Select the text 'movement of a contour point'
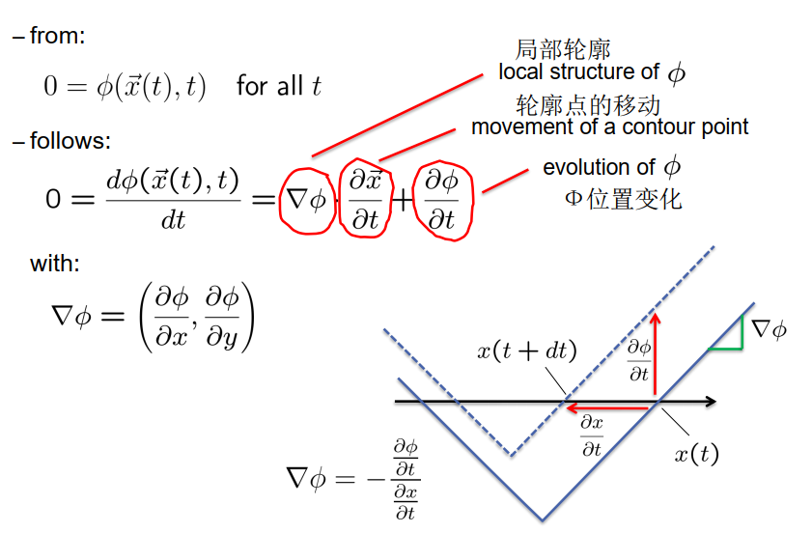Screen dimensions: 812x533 point(609,126)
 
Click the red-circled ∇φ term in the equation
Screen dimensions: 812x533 point(304,200)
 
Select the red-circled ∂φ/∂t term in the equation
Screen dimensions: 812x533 point(442,199)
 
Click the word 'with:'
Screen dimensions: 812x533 point(55,263)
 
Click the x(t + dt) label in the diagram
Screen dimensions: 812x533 point(526,351)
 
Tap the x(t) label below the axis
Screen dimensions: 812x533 point(696,452)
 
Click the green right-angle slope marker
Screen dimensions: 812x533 point(727,336)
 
